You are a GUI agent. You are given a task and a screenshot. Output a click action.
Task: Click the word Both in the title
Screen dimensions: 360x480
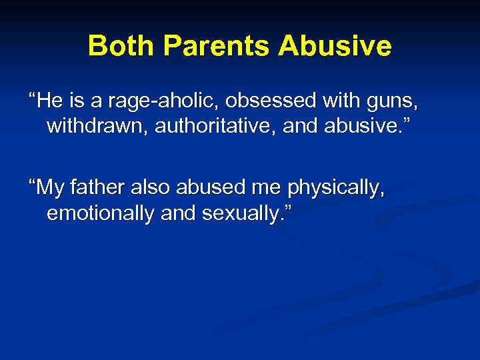(115, 46)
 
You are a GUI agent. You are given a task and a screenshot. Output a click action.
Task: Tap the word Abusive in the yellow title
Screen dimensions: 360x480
(335, 46)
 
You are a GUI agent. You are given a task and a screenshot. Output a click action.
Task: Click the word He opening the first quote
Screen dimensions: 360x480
(48, 102)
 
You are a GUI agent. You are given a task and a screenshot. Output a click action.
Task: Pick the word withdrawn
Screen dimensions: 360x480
(97, 126)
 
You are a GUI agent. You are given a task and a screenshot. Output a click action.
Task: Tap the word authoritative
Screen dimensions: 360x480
(216, 126)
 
